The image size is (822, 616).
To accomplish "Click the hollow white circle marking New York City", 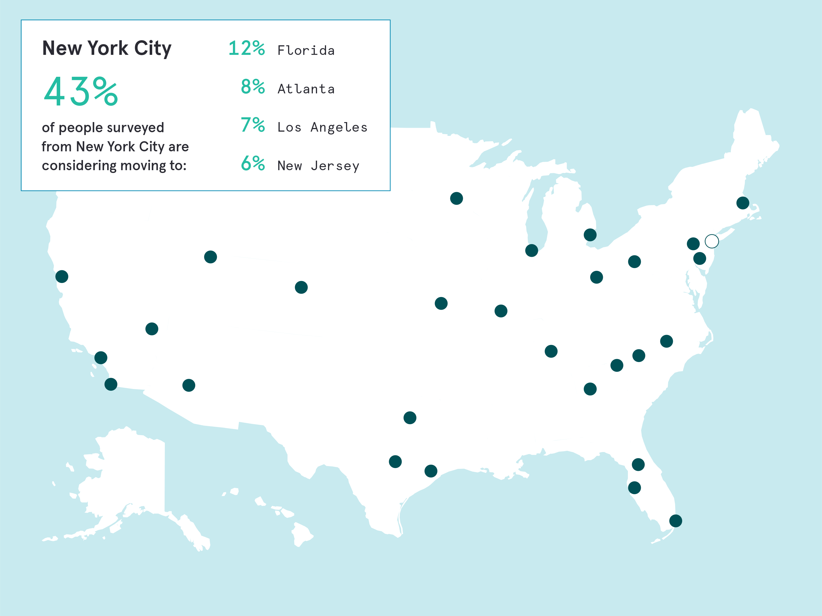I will (x=712, y=241).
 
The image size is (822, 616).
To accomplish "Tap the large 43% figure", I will (x=81, y=91).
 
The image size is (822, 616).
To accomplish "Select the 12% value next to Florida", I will (x=246, y=48).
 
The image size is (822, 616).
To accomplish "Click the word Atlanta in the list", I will (x=306, y=89).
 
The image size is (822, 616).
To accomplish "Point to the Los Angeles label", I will (x=322, y=127).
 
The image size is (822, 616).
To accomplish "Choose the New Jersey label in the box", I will (x=318, y=166).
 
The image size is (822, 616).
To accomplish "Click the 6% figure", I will (x=253, y=163).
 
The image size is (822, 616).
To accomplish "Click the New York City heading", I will (x=107, y=48).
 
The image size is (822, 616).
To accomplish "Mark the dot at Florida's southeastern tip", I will (x=676, y=521).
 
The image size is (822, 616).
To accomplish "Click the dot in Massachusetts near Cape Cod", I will (x=742, y=203).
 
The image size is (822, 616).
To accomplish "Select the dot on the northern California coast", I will (x=62, y=276).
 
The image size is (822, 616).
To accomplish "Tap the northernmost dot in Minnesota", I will (x=456, y=198).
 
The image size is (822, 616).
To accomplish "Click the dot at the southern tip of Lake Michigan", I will (x=531, y=250).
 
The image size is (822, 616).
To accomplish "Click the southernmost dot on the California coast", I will (x=111, y=384).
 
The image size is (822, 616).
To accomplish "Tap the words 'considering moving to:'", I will (x=114, y=166).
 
